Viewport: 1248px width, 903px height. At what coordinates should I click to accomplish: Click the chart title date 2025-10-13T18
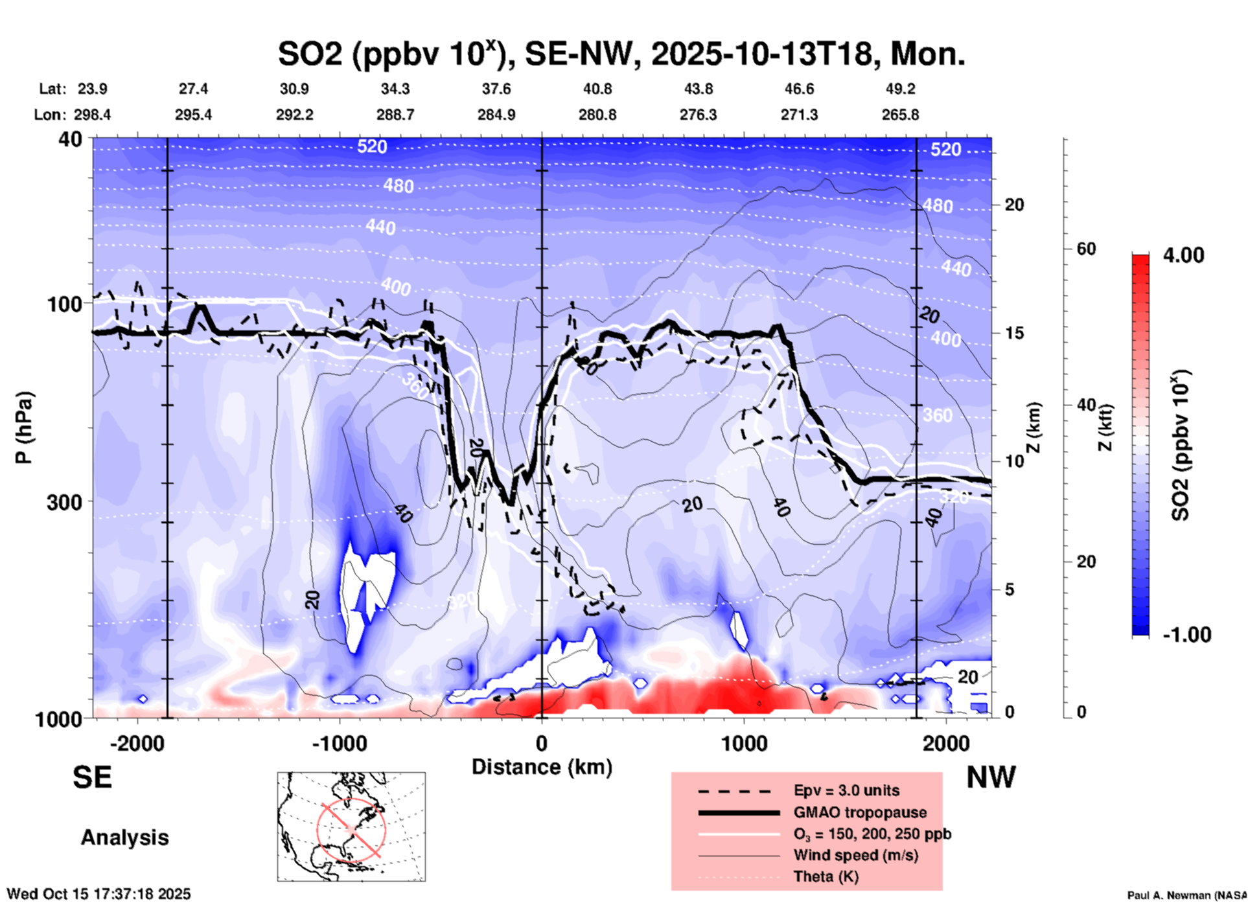click(x=761, y=54)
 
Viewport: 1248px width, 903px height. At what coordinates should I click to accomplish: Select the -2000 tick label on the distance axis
click(x=137, y=744)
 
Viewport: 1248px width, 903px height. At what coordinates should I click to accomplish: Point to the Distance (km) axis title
click(x=542, y=767)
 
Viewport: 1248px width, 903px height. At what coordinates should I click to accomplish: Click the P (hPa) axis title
click(x=24, y=428)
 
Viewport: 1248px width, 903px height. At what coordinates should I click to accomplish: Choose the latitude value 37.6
click(x=496, y=89)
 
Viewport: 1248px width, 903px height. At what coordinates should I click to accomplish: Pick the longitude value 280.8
click(x=597, y=115)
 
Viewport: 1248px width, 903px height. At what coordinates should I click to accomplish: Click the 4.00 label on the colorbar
click(x=1183, y=255)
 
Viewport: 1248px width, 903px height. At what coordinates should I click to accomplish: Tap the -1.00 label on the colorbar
click(x=1186, y=635)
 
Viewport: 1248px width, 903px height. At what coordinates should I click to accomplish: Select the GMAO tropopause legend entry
click(x=860, y=812)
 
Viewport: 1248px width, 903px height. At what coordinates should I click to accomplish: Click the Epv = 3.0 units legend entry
click(x=846, y=791)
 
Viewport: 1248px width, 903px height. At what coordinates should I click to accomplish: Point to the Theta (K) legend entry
click(x=826, y=877)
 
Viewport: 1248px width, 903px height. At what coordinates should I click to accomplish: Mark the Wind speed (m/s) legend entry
click(x=855, y=856)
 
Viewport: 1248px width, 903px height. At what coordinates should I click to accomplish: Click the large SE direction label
click(x=93, y=777)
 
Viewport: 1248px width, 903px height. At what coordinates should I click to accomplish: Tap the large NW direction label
click(x=991, y=777)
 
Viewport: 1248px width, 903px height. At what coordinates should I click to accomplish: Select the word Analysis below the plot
click(x=124, y=838)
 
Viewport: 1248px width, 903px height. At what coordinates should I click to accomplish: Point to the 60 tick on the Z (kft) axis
click(x=1086, y=249)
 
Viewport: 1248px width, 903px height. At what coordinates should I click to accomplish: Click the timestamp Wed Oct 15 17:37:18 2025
click(x=98, y=894)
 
